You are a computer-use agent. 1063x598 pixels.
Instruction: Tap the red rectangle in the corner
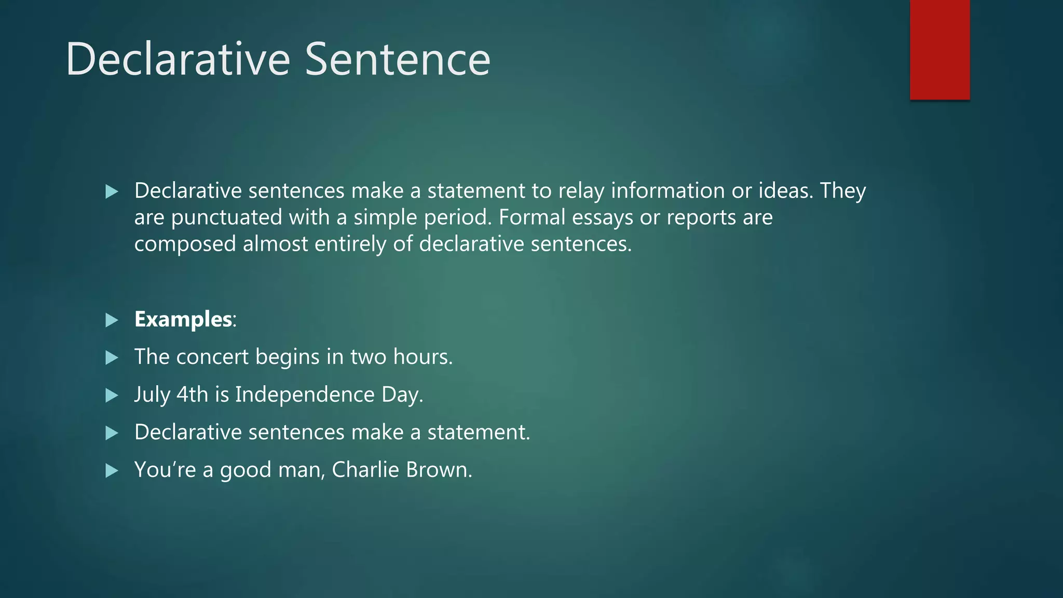pos(939,49)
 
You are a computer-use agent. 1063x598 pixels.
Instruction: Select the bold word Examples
pos(183,319)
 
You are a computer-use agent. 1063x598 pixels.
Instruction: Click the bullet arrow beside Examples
pos(112,320)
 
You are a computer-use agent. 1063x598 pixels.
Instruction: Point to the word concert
pos(212,357)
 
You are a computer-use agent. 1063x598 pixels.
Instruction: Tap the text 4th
pos(193,395)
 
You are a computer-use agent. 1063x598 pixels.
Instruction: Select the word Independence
pos(305,395)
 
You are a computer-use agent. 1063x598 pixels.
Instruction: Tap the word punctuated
pos(226,218)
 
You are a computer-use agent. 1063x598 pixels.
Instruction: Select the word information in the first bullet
pos(667,191)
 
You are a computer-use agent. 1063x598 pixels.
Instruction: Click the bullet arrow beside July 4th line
pos(112,396)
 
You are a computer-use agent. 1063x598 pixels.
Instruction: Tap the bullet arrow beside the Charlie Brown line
pos(112,471)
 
